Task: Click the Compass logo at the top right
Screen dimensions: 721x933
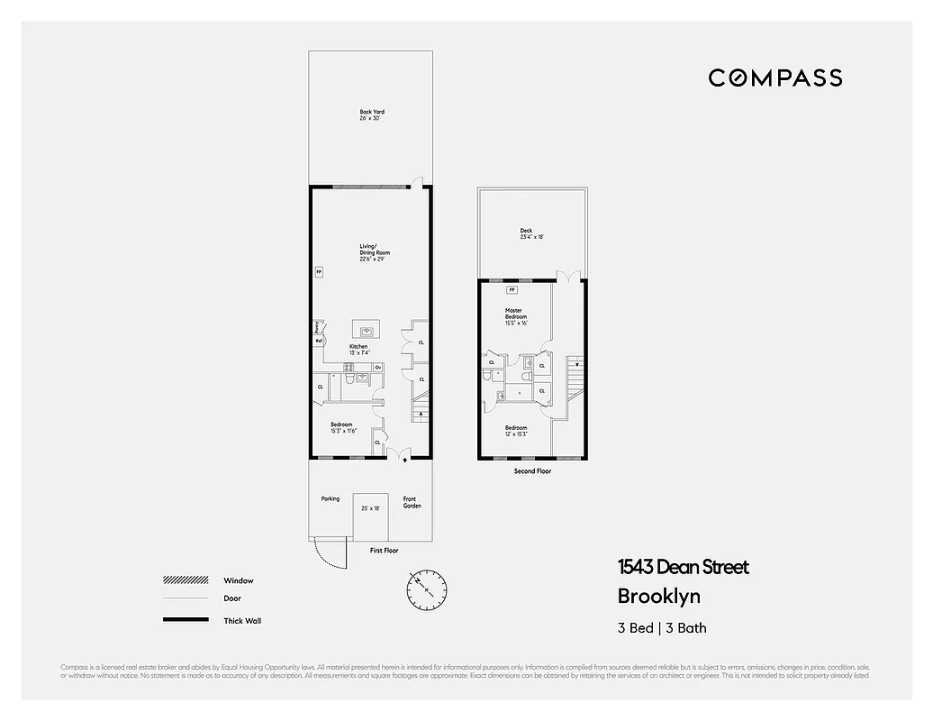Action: click(774, 78)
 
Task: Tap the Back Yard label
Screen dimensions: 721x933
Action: click(372, 114)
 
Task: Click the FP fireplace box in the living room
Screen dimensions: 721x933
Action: click(318, 270)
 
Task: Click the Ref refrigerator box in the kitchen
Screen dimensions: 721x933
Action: click(319, 341)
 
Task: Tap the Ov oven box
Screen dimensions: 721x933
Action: click(378, 367)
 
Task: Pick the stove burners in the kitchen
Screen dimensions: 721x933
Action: click(346, 367)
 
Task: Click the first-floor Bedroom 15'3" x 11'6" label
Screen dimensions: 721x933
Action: click(342, 428)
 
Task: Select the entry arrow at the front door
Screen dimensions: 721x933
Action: click(403, 459)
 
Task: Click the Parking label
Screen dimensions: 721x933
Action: click(331, 498)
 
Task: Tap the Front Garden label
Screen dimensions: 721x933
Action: click(410, 502)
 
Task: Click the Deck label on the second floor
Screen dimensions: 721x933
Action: click(526, 233)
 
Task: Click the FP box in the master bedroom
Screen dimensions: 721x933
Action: click(512, 289)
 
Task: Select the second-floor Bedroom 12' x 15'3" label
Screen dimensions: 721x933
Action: click(515, 431)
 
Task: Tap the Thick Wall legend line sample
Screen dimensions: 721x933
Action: click(184, 620)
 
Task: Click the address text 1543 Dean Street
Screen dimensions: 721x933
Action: click(683, 567)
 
